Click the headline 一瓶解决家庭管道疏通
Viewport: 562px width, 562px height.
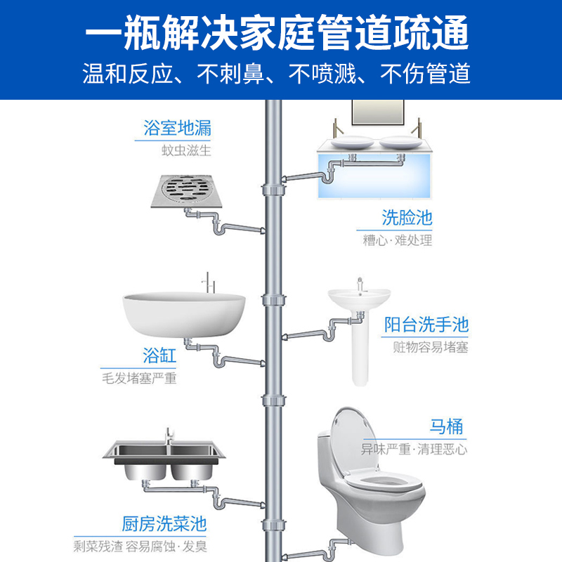[281, 32]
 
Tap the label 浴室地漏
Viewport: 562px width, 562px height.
[177, 129]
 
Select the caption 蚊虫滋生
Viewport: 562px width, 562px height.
[186, 150]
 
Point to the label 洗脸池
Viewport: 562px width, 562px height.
[407, 216]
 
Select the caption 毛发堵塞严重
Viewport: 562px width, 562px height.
[139, 379]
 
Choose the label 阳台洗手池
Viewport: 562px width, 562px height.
[426, 325]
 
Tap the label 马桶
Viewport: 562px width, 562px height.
[447, 426]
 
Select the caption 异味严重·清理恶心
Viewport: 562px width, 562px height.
[414, 448]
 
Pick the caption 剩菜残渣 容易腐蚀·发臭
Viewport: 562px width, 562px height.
[141, 545]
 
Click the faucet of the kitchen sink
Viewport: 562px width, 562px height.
[169, 438]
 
